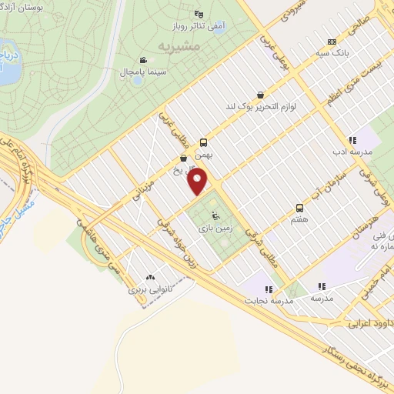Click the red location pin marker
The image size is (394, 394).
[199, 181]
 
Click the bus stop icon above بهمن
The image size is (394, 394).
[204, 142]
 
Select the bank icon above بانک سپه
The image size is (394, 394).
[332, 42]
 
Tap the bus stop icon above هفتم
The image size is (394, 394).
[299, 208]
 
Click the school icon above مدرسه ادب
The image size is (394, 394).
[352, 140]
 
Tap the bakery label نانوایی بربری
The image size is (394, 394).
[148, 291]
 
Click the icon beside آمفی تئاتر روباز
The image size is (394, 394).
[199, 13]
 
